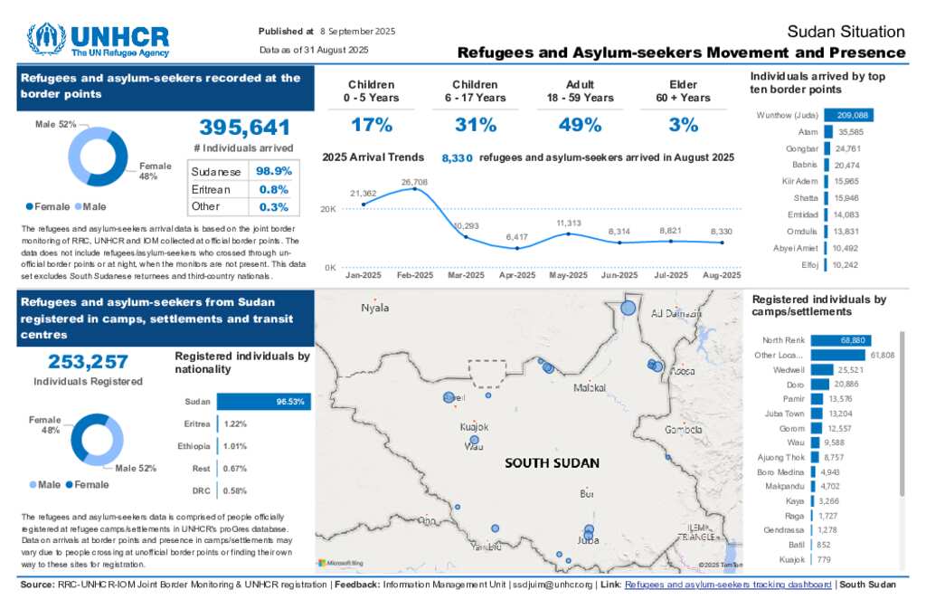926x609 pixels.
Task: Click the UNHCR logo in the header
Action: [x=99, y=40]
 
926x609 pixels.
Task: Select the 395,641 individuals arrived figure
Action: [x=244, y=128]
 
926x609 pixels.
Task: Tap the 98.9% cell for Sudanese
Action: [x=273, y=172]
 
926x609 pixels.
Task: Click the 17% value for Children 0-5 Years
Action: [x=372, y=125]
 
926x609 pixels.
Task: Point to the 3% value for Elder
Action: [x=684, y=125]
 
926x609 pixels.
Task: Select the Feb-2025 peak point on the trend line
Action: [x=414, y=189]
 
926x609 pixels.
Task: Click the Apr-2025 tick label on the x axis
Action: [x=517, y=275]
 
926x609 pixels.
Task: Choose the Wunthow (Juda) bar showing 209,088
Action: [x=848, y=116]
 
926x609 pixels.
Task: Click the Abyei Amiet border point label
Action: [x=796, y=248]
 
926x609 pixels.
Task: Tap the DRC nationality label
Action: [x=201, y=490]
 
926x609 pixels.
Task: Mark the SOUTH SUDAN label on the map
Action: [x=552, y=463]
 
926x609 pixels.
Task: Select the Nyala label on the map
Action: [x=375, y=309]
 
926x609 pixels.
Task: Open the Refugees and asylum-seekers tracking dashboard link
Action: [x=728, y=585]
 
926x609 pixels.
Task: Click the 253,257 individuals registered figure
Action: [x=88, y=362]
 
